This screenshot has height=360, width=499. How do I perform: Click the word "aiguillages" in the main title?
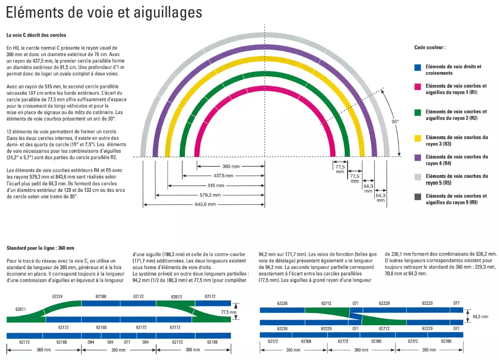click(168, 13)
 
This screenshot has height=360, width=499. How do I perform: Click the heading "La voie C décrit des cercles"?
click(36, 35)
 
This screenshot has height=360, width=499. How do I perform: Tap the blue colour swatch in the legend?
click(418, 67)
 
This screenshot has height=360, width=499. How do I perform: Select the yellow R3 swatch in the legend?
click(418, 138)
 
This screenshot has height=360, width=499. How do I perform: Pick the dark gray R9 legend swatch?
click(418, 197)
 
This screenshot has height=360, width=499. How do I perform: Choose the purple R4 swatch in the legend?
click(418, 158)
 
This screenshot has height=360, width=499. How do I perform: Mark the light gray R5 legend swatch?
click(418, 177)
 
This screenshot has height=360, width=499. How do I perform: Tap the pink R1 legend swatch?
click(418, 87)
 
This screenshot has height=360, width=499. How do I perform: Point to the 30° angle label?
click(395, 121)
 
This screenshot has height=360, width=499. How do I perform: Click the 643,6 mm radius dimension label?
click(205, 204)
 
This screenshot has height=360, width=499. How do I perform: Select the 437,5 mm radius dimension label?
click(224, 176)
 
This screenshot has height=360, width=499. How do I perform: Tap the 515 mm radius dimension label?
click(216, 185)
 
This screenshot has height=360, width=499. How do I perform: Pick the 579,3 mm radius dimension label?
click(210, 195)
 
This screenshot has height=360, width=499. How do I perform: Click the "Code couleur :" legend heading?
click(430, 47)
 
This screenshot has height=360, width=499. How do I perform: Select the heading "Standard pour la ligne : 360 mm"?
click(40, 248)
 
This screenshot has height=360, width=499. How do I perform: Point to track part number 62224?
click(57, 297)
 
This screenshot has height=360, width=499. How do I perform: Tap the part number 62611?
click(21, 309)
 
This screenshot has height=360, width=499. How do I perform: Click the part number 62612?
click(177, 297)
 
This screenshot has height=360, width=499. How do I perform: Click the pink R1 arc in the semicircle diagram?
click(265, 89)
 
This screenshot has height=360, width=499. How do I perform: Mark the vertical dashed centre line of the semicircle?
click(265, 116)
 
